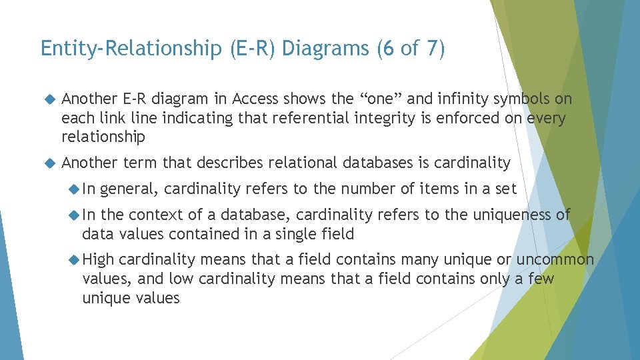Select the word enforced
point(453,119)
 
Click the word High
point(99,259)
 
